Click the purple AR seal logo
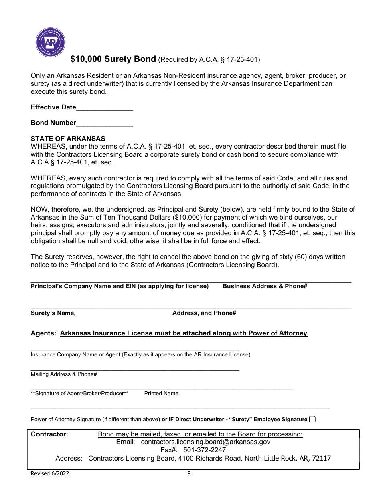coord(51,42)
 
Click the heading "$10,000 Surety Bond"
coord(113,59)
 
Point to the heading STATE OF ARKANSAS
coord(68,139)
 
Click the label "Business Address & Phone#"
coord(265,286)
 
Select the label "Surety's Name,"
coord(53,313)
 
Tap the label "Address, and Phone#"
coord(204,313)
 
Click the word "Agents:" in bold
coord(44,333)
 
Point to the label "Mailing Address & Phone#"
coord(64,374)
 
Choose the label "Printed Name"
coord(161,393)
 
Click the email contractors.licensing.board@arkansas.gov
coord(206,442)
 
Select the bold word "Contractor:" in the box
coord(50,434)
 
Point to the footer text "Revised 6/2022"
coord(50,473)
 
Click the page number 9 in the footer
coord(190,473)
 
